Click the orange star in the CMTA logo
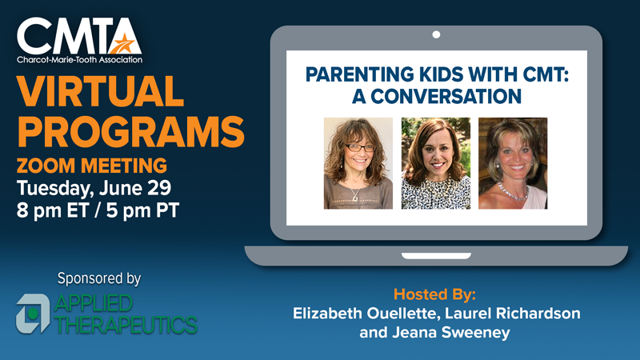point(123,43)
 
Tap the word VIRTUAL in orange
point(101,91)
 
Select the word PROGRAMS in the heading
point(130,131)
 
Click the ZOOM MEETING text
point(92,166)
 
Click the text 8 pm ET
point(53,210)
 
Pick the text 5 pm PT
point(142,210)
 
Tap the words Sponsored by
point(99,278)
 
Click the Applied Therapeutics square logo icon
point(33,314)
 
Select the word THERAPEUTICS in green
point(126,325)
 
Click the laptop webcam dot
point(436,34)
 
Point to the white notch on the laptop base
point(436,256)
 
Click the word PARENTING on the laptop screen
point(359,74)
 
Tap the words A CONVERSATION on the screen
point(437,96)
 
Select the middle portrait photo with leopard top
point(436,163)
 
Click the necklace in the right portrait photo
point(513,193)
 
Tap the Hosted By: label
point(434,294)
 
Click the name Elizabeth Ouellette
point(366,313)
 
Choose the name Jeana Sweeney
point(451,332)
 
